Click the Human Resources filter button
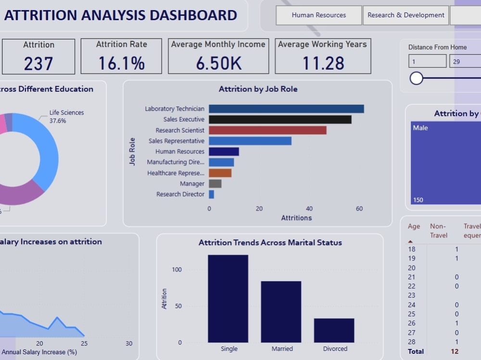(318, 15)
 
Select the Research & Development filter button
(405, 15)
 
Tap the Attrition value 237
(38, 63)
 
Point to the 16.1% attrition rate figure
(121, 63)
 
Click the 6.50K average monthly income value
(218, 63)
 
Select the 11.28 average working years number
(323, 63)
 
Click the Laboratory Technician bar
(286, 109)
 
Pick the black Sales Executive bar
(280, 120)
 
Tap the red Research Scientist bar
(267, 130)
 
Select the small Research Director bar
(211, 194)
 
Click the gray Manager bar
(215, 184)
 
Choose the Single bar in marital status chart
(228, 298)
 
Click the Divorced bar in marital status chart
(334, 330)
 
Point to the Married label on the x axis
(282, 348)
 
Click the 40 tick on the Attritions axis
(309, 209)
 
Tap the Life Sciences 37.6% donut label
(66, 117)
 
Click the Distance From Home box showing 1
(427, 62)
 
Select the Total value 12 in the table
(455, 351)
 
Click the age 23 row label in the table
(412, 296)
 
